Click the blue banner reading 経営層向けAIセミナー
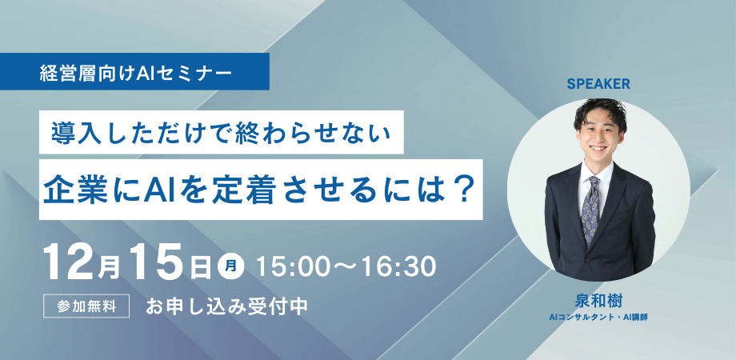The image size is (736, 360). pos(136,73)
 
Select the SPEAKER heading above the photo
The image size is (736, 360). pos(599,82)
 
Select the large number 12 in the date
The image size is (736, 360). pos(71,262)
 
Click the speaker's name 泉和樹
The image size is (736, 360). pos(598,301)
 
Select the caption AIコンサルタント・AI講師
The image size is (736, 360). pos(598,318)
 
